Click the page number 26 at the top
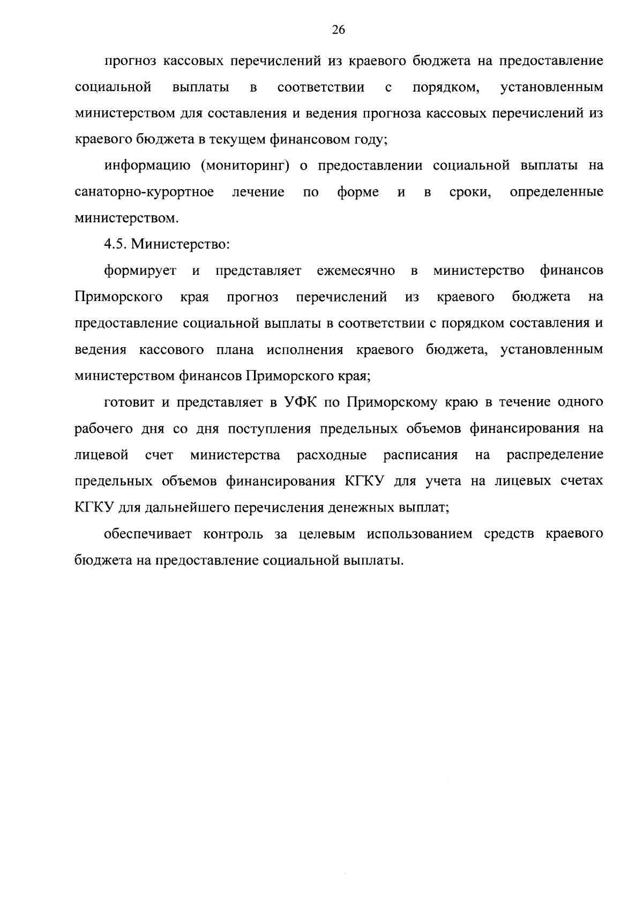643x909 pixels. tap(338, 30)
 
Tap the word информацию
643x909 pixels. tap(148, 166)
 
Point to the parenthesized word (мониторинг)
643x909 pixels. tap(245, 166)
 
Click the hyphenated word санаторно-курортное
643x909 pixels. tap(145, 192)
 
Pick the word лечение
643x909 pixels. tap(258, 192)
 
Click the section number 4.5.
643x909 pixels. tap(115, 245)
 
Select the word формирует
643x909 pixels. tap(140, 271)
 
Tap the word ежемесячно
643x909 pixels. tap(356, 271)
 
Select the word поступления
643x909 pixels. tap(270, 429)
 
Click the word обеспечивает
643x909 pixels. tap(146, 534)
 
